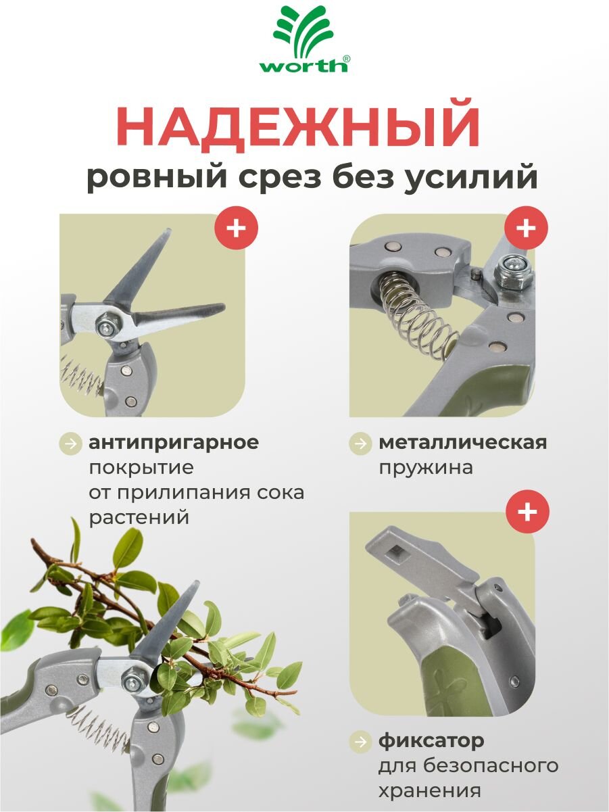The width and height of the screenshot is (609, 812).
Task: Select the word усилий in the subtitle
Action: click(470, 177)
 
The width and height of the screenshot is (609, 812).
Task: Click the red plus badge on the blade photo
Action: click(237, 228)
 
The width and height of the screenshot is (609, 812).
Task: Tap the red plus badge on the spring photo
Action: click(526, 228)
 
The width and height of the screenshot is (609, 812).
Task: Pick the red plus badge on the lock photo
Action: click(528, 512)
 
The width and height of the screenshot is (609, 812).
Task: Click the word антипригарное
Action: click(174, 443)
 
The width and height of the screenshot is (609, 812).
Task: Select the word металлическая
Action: click(463, 442)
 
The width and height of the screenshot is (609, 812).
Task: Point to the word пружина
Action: click(426, 468)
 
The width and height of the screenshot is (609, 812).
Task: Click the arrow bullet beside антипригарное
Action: click(70, 443)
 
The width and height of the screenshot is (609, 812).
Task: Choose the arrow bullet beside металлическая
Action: click(360, 443)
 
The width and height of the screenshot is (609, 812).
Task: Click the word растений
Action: click(139, 517)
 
